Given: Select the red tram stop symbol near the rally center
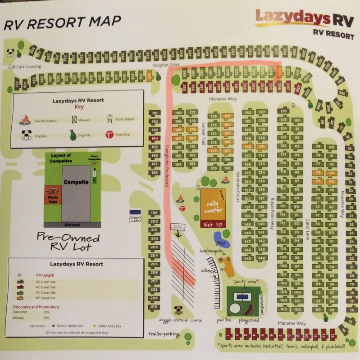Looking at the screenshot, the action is coord(182,209).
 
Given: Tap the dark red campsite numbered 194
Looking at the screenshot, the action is coord(155,139).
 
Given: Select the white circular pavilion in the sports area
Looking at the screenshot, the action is coord(235,308).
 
